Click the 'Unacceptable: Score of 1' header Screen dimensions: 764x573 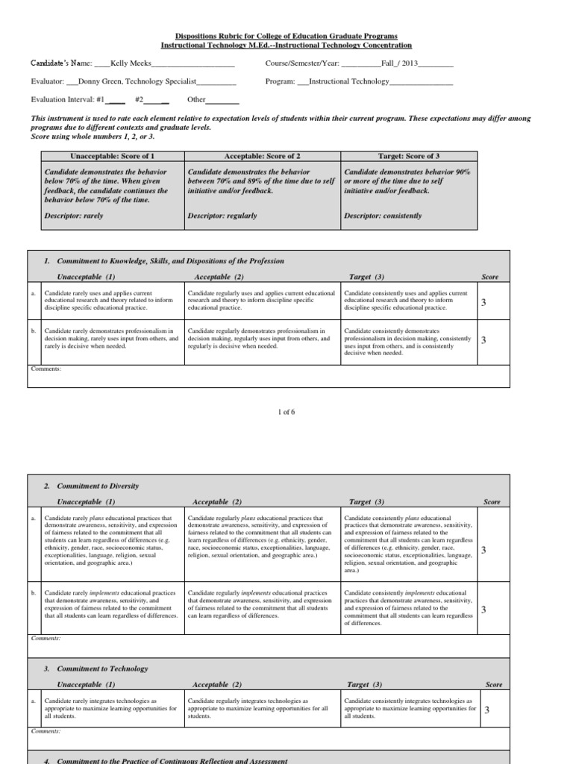click(x=113, y=157)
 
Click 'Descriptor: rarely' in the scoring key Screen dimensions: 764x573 click(x=75, y=216)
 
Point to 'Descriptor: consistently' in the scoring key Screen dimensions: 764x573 click(x=383, y=216)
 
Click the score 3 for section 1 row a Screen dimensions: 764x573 click(x=483, y=302)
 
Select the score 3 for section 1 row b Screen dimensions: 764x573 click(x=483, y=340)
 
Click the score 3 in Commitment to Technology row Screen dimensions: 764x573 click(x=486, y=710)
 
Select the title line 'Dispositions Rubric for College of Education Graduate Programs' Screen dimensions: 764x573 click(x=286, y=36)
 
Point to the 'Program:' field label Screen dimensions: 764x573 click(x=280, y=82)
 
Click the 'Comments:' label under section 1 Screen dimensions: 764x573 click(x=46, y=369)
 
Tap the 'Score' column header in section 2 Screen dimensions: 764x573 click(x=492, y=502)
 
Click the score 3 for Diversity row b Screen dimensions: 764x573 click(x=483, y=610)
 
